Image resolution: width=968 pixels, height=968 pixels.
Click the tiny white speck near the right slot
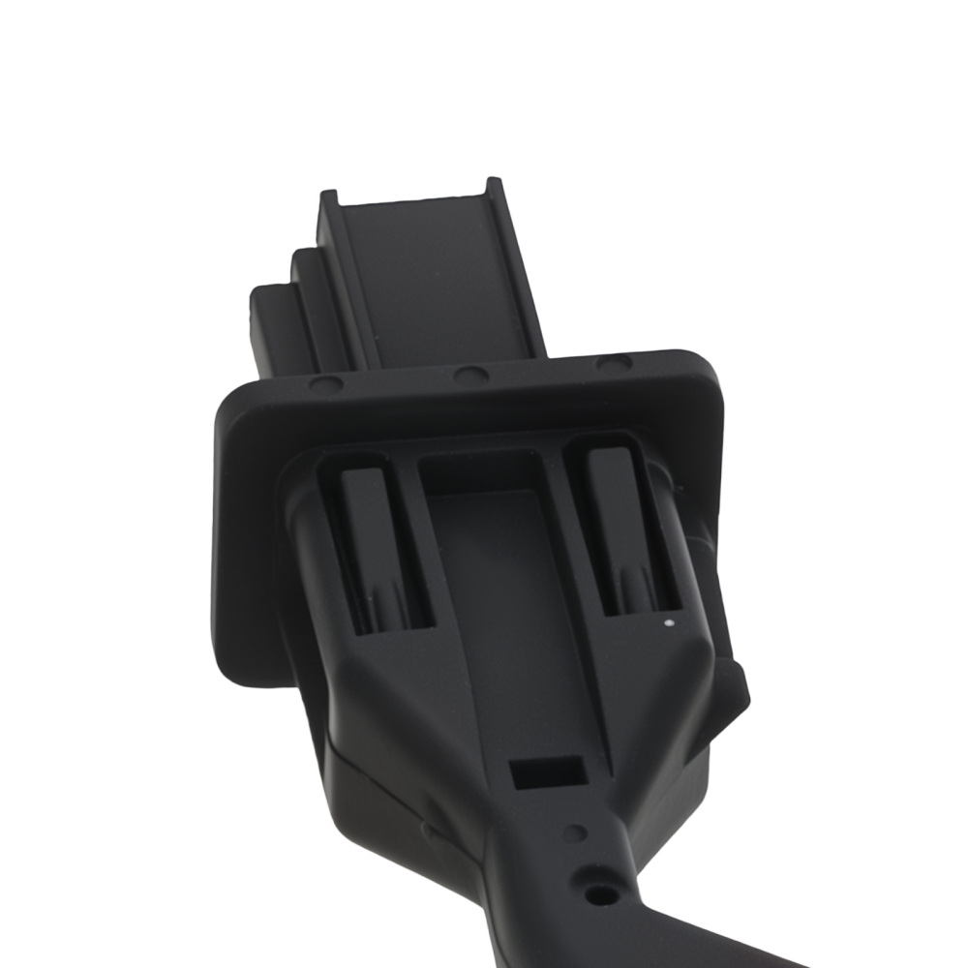[x=667, y=623]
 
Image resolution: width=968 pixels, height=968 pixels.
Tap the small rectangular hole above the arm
[x=547, y=772]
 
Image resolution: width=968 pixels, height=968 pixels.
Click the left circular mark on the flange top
[x=326, y=384]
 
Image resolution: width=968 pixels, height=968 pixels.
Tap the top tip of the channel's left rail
[x=328, y=197]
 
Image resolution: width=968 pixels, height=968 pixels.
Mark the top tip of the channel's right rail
[x=494, y=184]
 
